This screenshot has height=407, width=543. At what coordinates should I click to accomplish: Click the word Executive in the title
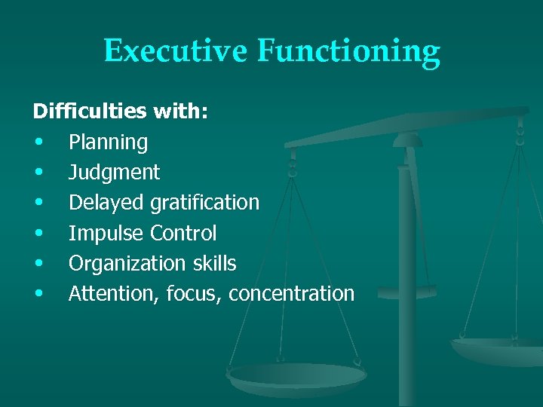coord(176,51)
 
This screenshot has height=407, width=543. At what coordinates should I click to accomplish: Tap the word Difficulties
coord(90,112)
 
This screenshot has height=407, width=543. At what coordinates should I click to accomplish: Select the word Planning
coord(108,142)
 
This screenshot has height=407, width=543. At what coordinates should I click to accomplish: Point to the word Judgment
coord(114,173)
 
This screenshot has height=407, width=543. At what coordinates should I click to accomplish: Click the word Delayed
coord(106,203)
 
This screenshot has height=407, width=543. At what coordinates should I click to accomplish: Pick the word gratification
coord(204,203)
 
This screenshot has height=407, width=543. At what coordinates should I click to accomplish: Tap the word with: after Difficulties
coord(181,112)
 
